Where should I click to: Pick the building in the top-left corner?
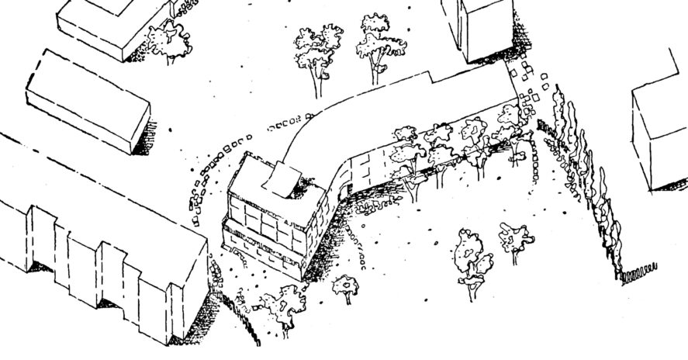[x=112, y=23]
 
